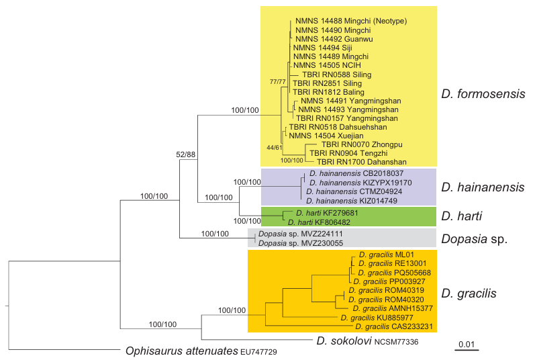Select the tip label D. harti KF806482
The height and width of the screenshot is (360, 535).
[x=320, y=221]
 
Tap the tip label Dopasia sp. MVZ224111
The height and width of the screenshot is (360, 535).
[x=287, y=234]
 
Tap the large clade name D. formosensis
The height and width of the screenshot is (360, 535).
[x=483, y=94]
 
